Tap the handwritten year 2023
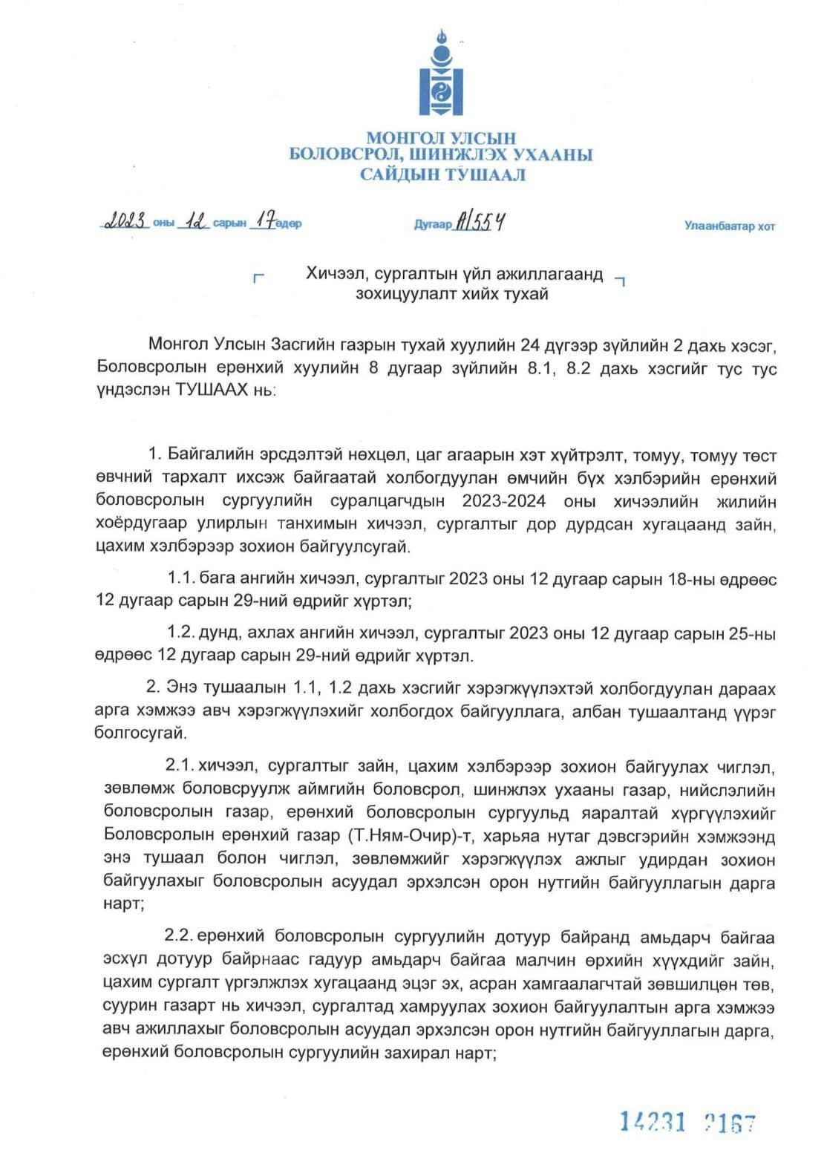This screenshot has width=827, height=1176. [x=128, y=221]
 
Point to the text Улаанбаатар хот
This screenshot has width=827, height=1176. [x=729, y=226]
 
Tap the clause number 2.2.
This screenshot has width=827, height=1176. [x=178, y=934]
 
